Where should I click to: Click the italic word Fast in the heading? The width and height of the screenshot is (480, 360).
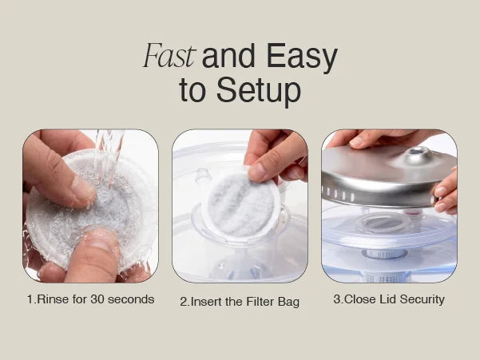tap(169, 56)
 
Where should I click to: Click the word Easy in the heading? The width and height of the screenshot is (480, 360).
tap(302, 58)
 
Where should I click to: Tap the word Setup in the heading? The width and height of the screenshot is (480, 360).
tap(259, 91)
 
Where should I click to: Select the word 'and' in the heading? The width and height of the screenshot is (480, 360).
tap(228, 56)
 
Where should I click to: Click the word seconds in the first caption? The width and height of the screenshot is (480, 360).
tap(131, 299)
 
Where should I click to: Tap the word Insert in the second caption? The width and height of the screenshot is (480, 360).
tap(206, 302)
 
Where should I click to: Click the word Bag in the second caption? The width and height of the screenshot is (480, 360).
tap(288, 303)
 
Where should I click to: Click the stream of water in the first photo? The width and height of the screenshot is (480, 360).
tap(108, 159)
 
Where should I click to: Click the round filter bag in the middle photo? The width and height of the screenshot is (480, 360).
tap(242, 204)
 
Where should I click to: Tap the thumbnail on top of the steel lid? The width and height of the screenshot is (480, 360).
tap(359, 141)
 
